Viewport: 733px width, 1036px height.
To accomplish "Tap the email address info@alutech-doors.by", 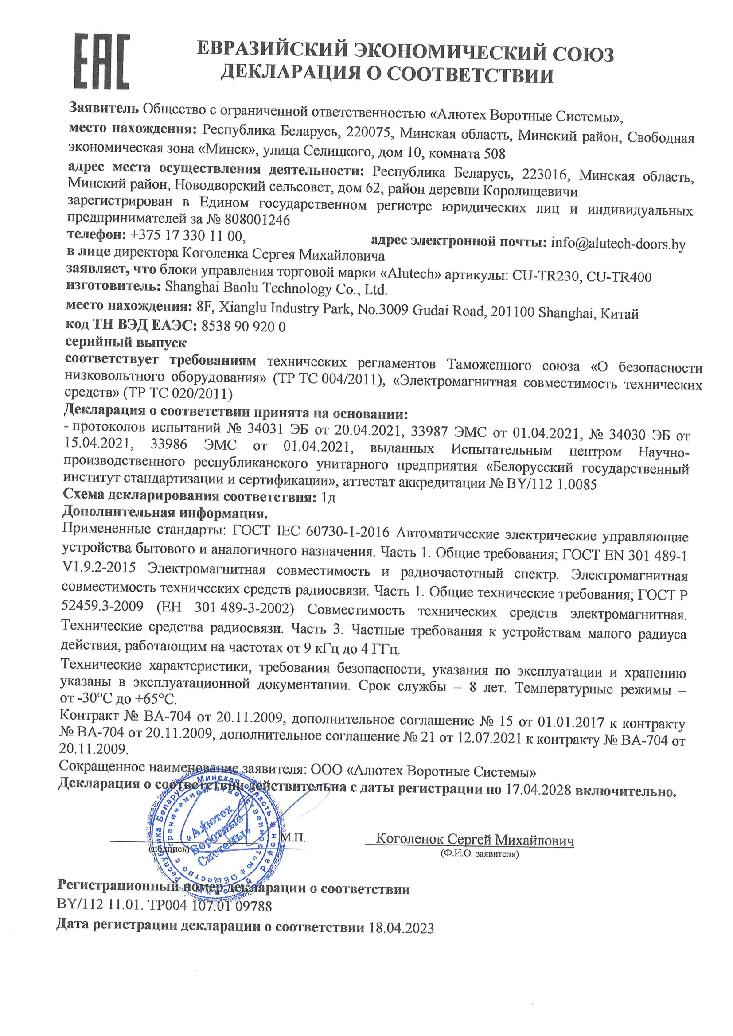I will tap(618, 244).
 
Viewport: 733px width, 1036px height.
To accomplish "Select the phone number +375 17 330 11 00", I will tap(187, 236).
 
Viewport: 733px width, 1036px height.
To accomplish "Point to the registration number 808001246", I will tap(257, 220).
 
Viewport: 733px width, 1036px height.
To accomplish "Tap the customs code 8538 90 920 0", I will tap(243, 326).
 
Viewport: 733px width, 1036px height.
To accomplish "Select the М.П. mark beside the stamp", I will tap(293, 838).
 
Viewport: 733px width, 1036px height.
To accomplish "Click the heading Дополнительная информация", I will tap(165, 513).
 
